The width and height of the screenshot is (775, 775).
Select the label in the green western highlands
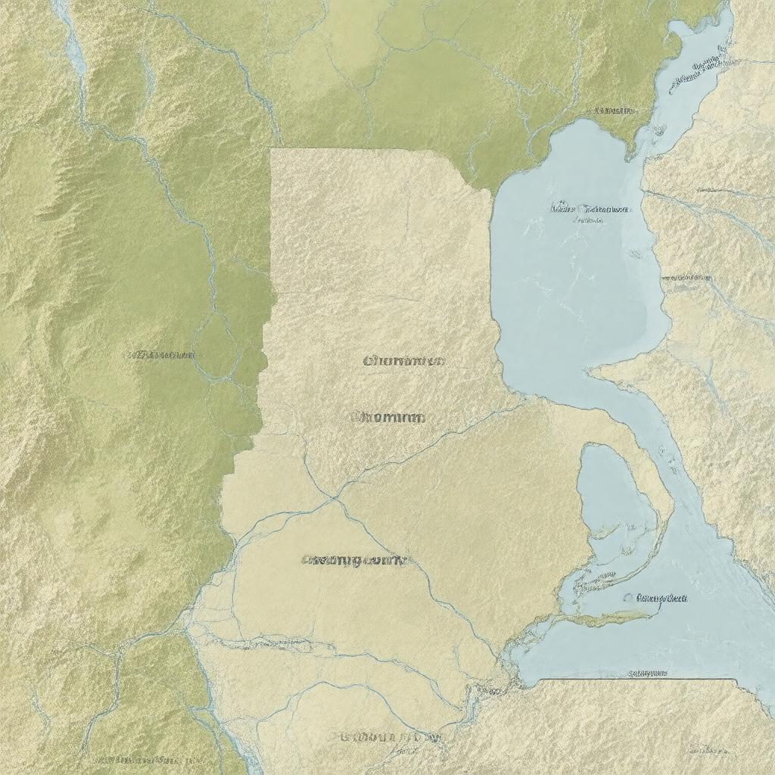pos(160,354)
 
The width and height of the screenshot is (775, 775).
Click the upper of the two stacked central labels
pos(403,361)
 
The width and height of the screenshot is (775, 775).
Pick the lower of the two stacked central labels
pos(388,417)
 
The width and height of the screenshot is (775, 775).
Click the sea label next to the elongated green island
pos(657,598)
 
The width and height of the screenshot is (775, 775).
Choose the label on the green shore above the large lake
pos(611,110)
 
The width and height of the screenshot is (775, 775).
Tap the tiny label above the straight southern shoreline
pos(648,672)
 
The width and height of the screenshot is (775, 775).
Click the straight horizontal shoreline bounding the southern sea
pos(636,680)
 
